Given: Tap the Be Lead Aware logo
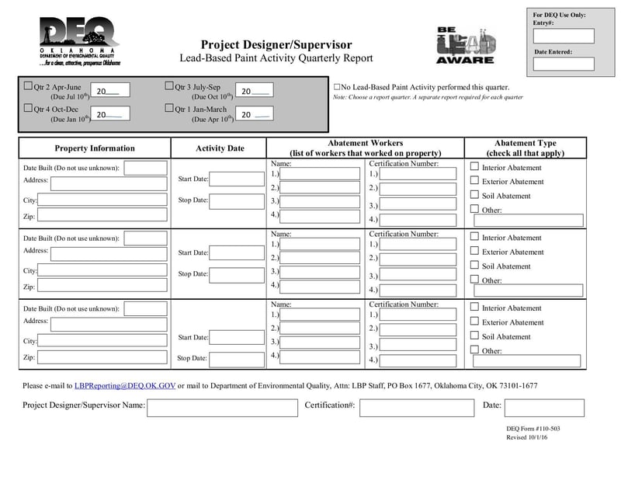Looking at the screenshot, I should tap(465, 45).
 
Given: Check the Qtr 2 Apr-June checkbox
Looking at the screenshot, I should tap(29, 86).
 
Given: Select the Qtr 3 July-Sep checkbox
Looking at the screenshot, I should tap(169, 86).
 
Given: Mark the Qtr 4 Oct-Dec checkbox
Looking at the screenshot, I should tap(29, 109).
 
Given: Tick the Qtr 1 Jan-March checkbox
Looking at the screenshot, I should tap(169, 109).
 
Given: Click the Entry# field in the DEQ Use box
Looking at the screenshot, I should tap(564, 36).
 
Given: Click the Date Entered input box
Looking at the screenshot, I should tap(564, 64).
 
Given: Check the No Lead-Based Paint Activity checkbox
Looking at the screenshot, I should tap(337, 87).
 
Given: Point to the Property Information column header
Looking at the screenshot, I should tap(95, 148).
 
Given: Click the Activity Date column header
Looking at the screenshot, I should tap(220, 148).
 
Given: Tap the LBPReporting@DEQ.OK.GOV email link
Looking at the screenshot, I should tap(125, 385).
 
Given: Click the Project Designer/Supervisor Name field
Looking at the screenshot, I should tap(222, 407).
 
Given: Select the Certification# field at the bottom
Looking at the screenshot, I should tap(411, 407).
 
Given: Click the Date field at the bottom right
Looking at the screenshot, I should tap(544, 407).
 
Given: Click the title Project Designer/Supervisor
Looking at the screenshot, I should tap(276, 45).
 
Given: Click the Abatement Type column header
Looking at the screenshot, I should tap(526, 148).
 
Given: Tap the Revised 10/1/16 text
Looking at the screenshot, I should tap(527, 439).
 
